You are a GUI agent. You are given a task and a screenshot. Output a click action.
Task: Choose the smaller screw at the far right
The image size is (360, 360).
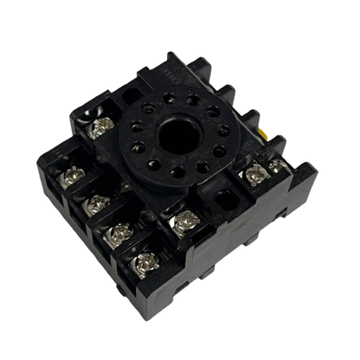(x=275, y=164)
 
